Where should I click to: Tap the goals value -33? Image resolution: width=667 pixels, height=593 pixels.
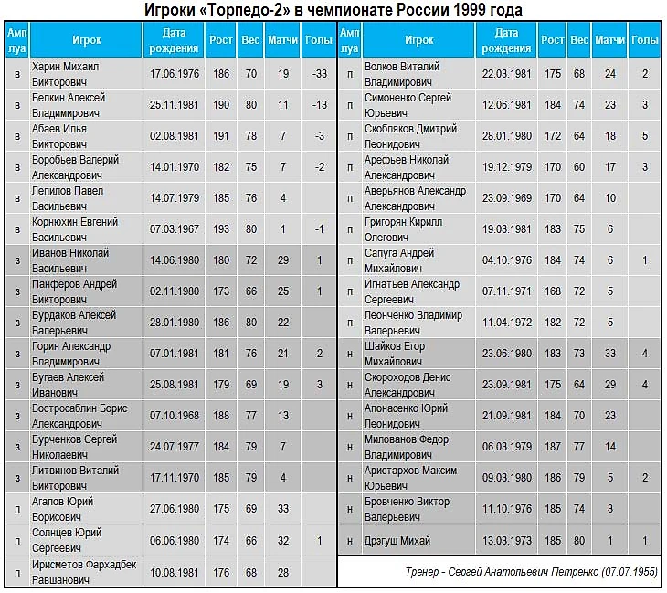point(318,74)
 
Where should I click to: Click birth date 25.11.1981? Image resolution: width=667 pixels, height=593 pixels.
point(171,105)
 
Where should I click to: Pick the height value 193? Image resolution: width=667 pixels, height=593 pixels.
point(219,229)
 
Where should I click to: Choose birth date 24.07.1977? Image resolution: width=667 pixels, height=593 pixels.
point(171,447)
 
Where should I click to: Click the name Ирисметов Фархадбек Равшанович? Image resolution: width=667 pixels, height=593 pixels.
point(83,571)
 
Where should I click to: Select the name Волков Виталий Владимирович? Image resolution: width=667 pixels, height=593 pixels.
point(402,74)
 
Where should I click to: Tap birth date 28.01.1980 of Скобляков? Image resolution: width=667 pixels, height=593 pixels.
point(506,136)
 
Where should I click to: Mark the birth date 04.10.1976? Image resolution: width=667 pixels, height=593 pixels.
point(506,260)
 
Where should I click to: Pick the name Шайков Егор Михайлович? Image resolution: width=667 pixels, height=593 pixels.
point(395,354)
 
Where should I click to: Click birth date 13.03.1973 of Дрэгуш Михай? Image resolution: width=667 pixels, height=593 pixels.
point(506,541)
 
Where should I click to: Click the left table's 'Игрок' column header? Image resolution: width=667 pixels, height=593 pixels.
point(87,40)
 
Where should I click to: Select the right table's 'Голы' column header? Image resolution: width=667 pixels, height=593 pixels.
point(644,40)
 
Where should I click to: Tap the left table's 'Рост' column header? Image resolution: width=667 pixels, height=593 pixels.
point(219,40)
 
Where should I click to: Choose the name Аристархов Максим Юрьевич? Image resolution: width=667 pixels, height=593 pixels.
point(410,478)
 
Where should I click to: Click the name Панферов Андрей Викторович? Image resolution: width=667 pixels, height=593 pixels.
point(72,291)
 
